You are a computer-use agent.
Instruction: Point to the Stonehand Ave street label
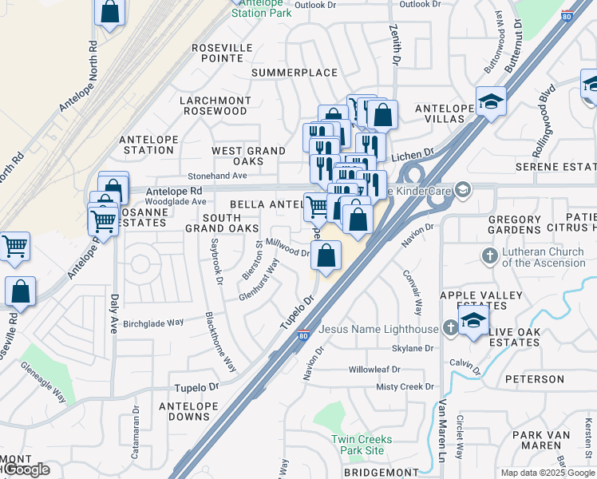(x=217, y=175)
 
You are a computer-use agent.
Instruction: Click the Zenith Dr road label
(x=396, y=43)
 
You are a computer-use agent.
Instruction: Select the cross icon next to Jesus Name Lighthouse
(x=451, y=327)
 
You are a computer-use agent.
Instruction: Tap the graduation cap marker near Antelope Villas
(x=490, y=102)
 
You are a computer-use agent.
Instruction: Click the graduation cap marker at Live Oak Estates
(x=473, y=321)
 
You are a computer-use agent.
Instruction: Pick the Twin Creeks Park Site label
(x=362, y=445)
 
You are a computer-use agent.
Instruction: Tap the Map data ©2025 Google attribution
(x=548, y=473)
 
